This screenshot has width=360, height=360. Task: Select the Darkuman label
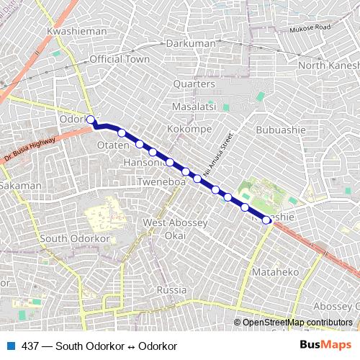click(x=191, y=44)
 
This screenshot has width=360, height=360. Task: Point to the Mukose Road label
click(x=310, y=29)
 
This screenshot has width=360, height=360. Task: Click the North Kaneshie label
click(x=328, y=66)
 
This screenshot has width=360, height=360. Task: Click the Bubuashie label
click(x=281, y=130)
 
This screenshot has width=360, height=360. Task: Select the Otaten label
click(x=112, y=145)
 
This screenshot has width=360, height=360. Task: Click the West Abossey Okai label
click(x=175, y=229)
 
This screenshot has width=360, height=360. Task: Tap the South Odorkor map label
click(x=73, y=238)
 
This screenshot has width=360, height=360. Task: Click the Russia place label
click(x=171, y=289)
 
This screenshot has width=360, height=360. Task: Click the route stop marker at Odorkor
click(x=91, y=120)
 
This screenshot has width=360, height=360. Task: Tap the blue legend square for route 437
click(x=10, y=346)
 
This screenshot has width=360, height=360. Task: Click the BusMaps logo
click(x=325, y=346)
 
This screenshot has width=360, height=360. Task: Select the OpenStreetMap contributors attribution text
click(x=297, y=323)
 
